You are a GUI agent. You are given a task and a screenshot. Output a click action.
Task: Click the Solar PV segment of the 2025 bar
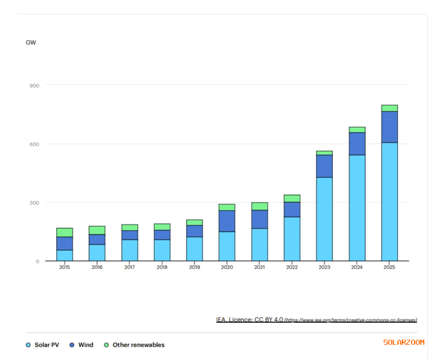click(389, 201)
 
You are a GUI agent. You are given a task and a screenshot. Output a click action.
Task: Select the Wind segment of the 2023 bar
click(324, 166)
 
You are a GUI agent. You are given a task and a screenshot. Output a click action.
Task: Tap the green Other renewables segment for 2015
click(65, 232)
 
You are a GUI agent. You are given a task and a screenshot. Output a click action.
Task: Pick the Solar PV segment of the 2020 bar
click(227, 246)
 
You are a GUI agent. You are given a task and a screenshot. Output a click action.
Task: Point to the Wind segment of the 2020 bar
click(227, 221)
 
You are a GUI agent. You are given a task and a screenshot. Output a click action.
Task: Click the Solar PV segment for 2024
click(357, 207)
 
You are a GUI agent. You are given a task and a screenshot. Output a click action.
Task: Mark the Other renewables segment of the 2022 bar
click(292, 198)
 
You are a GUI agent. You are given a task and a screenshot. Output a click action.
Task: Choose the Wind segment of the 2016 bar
click(97, 239)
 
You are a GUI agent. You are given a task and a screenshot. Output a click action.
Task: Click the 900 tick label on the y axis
click(34, 85)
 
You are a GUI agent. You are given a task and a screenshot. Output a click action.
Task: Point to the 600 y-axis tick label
click(34, 144)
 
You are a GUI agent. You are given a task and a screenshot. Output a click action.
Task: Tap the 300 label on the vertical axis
click(34, 203)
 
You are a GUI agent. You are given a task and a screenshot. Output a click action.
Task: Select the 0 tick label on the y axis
click(37, 261)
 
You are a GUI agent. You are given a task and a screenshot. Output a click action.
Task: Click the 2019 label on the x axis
click(194, 267)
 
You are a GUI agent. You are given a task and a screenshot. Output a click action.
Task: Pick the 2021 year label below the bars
click(259, 267)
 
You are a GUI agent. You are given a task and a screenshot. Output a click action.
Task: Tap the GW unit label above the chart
click(31, 43)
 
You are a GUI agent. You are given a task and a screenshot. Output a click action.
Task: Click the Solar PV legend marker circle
click(28, 345)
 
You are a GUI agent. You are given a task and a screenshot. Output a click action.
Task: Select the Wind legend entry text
click(85, 345)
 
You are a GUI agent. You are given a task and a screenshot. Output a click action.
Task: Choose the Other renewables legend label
click(138, 345)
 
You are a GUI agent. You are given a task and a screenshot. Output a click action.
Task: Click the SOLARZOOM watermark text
click(403, 342)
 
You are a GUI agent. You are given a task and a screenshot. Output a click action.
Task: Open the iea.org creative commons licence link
click(351, 320)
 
